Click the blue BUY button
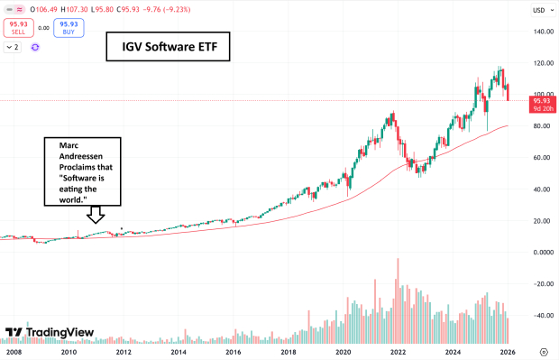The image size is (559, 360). (68, 28)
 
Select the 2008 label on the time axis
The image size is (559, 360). (14, 352)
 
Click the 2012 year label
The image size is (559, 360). (124, 352)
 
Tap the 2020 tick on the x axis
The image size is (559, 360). (343, 352)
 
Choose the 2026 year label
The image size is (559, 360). (508, 352)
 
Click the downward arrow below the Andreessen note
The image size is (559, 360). (94, 214)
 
